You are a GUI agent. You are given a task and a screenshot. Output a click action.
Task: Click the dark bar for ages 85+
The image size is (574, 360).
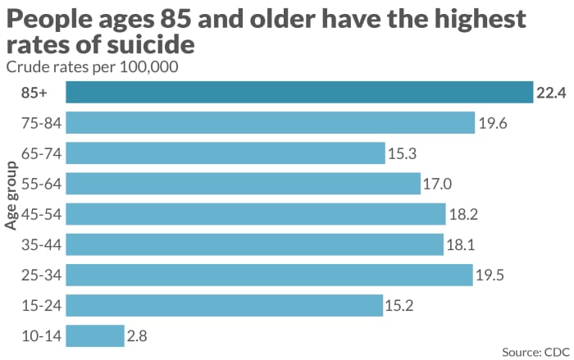[299, 93]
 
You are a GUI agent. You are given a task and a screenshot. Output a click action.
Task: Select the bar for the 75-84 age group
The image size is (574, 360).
[271, 123]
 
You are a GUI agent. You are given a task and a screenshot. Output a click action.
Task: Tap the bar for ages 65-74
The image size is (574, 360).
[225, 153]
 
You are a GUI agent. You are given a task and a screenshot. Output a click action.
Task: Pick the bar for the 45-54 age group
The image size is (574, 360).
[256, 214]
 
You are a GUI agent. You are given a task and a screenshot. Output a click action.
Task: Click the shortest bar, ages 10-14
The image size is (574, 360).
[95, 335]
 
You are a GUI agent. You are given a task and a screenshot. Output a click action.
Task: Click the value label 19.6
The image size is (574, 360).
[493, 123]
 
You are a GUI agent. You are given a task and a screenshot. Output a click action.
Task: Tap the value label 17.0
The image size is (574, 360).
[438, 184]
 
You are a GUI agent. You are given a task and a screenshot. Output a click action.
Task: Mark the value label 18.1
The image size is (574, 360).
[461, 244]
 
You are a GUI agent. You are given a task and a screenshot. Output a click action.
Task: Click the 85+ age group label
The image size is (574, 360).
[34, 93]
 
